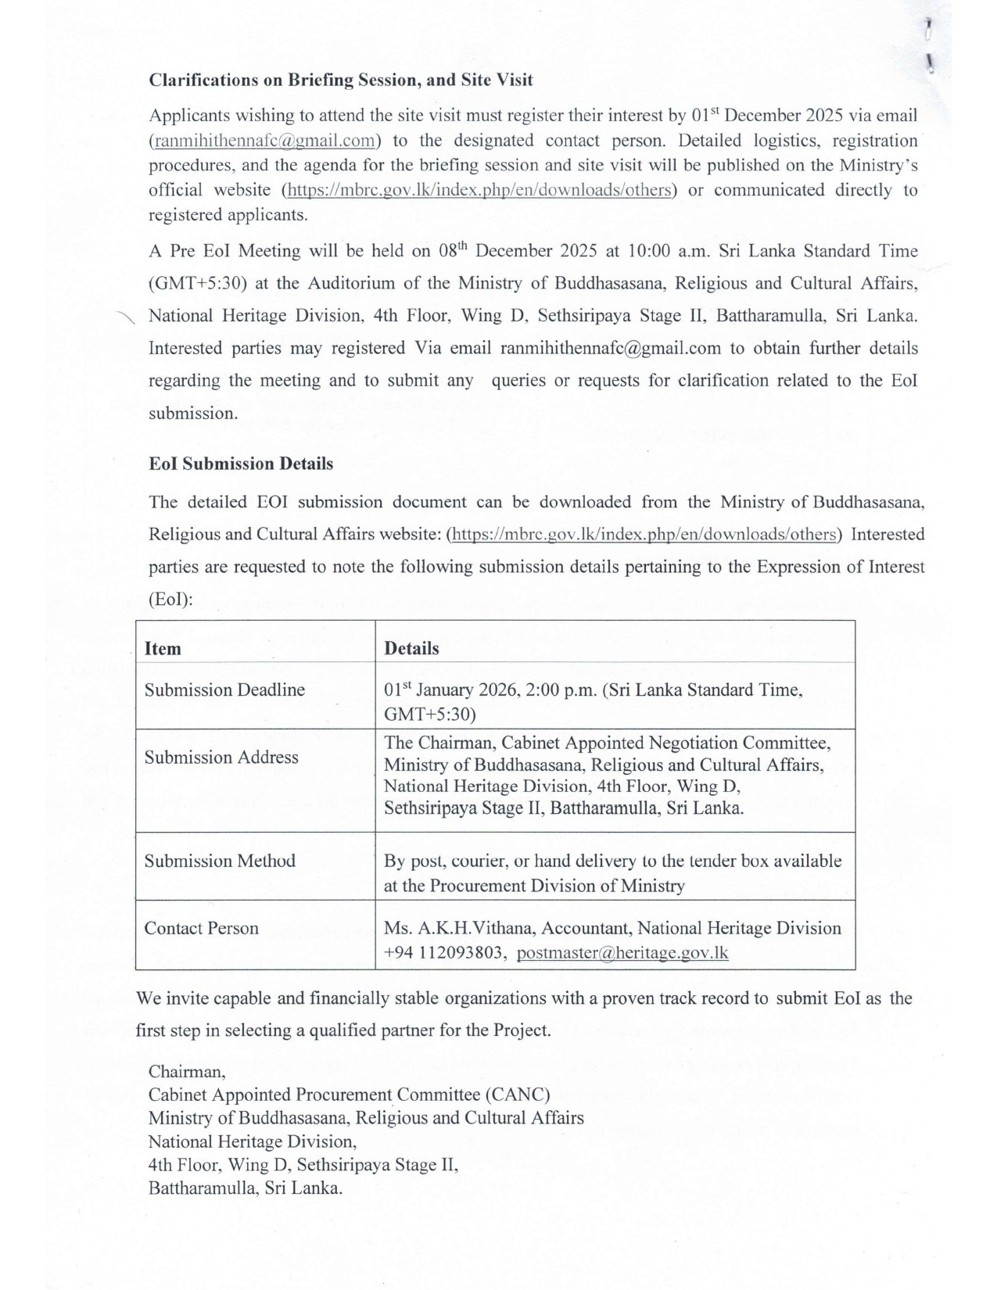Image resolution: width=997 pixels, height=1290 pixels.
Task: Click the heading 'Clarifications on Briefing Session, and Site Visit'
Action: pos(341,80)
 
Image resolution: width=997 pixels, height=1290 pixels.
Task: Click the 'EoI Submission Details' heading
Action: pos(241,464)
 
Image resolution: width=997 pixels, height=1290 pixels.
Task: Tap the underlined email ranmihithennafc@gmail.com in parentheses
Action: pos(264,141)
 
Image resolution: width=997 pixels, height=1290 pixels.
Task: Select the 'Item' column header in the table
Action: pos(163,648)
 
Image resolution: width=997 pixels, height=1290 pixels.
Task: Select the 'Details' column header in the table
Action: pos(411,648)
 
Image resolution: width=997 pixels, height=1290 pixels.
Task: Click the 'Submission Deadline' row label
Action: pos(224,690)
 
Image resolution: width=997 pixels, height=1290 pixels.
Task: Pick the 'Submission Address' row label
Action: pos(221,757)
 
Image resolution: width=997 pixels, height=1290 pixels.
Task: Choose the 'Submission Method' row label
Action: pos(220,861)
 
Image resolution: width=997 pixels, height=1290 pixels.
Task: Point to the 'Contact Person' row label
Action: pos(201,928)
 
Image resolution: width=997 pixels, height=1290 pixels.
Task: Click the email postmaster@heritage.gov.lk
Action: pos(622,952)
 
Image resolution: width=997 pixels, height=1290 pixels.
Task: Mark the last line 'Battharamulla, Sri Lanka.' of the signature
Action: pos(246,1188)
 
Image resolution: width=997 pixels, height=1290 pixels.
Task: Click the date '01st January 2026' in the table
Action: pos(450,690)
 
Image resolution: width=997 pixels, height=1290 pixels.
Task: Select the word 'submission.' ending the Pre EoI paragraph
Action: pos(193,414)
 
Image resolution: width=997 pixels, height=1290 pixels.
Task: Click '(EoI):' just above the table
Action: pos(170,599)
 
